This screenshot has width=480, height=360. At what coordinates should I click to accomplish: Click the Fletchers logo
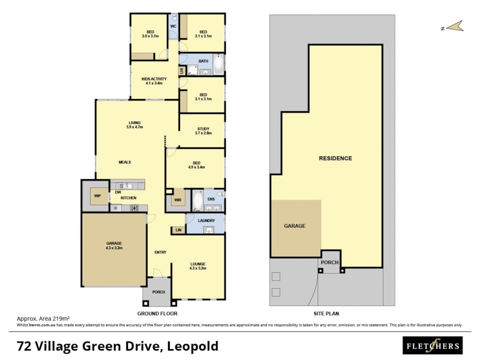pyautogui.click(x=432, y=346)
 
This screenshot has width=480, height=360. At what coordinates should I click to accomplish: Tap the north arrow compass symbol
pyautogui.click(x=455, y=26)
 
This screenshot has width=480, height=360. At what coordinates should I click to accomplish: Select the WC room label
pyautogui.click(x=173, y=26)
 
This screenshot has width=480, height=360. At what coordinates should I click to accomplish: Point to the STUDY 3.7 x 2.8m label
pyautogui.click(x=203, y=131)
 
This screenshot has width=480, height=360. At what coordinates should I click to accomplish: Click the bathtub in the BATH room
pyautogui.click(x=218, y=64)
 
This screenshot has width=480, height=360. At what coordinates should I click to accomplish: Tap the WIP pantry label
pyautogui.click(x=97, y=196)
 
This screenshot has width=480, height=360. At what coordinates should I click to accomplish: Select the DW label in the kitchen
pyautogui.click(x=118, y=192)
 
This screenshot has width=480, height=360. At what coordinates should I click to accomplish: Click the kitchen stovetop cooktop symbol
pyautogui.click(x=134, y=208)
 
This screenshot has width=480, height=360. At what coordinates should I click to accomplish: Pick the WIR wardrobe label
pyautogui.click(x=178, y=200)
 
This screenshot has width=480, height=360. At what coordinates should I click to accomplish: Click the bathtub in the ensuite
pyautogui.click(x=198, y=201)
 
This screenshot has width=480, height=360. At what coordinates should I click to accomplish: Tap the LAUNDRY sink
pyautogui.click(x=209, y=230)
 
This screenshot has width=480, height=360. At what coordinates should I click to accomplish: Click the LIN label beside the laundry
pyautogui.click(x=178, y=230)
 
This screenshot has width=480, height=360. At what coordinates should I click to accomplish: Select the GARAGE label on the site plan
pyautogui.click(x=294, y=226)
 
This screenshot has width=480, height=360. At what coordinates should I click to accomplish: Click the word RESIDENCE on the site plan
pyautogui.click(x=335, y=158)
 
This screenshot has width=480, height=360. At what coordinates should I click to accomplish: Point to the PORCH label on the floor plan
pyautogui.click(x=158, y=292)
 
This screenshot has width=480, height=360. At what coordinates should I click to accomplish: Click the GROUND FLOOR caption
pyautogui.click(x=157, y=314)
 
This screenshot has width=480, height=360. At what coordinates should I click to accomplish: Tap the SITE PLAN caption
pyautogui.click(x=326, y=314)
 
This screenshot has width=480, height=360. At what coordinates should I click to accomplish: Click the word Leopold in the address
pyautogui.click(x=192, y=346)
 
